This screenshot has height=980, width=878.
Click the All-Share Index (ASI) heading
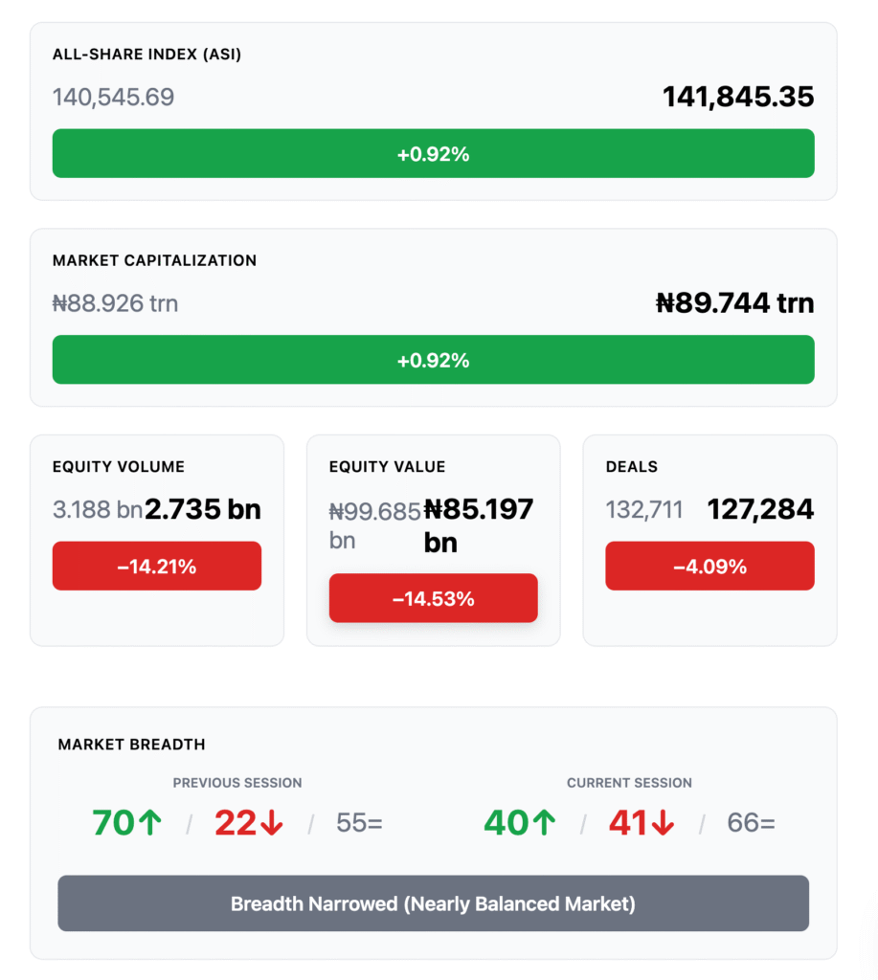(146, 55)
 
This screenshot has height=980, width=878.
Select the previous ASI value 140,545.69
(113, 97)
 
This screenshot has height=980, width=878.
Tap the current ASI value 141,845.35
(738, 97)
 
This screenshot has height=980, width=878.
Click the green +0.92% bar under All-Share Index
(433, 153)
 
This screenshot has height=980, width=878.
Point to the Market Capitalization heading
(154, 260)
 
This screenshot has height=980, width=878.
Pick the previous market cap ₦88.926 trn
(115, 303)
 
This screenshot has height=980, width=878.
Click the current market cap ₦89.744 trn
(734, 303)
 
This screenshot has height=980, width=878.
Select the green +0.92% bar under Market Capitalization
(433, 360)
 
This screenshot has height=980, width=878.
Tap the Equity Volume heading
(119, 467)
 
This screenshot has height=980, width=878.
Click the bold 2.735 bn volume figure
(203, 509)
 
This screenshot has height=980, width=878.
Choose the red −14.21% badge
(156, 567)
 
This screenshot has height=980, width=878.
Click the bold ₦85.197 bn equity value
(479, 525)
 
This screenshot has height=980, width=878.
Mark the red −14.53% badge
(433, 599)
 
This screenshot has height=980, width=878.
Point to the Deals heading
(632, 467)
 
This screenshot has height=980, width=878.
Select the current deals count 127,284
(760, 509)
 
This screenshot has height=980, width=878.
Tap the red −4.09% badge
(709, 567)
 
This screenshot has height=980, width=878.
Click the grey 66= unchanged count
(751, 823)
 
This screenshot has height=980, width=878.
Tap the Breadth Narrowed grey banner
(433, 903)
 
